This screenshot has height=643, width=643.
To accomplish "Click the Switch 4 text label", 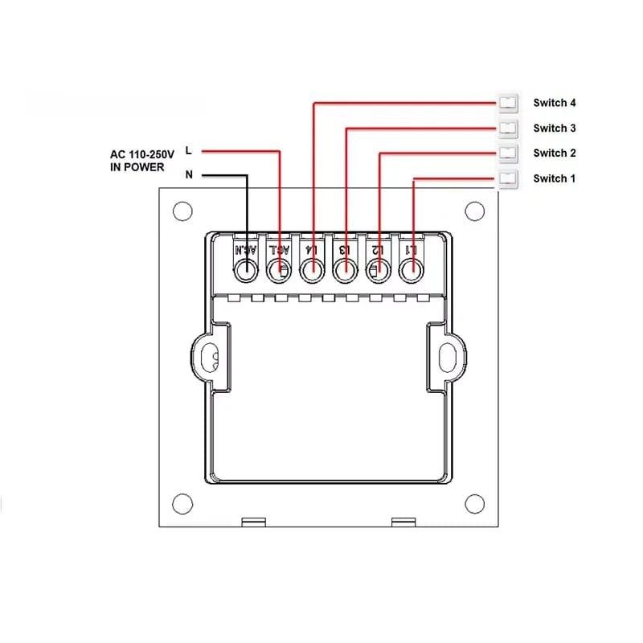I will pos(554,103).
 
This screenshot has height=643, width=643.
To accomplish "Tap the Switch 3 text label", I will pos(554,128).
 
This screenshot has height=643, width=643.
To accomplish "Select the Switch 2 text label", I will pos(554,153).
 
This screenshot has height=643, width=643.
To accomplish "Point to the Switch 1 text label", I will pos(554,178).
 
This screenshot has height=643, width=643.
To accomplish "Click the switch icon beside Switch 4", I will pos(508,103).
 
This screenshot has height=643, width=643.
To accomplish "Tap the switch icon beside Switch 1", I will pos(508,178).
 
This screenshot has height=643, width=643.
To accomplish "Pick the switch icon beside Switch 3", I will pos(508,128).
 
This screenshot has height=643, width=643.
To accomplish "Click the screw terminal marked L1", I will pos(411,272).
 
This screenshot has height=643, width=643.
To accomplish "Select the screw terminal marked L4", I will pos(311,272).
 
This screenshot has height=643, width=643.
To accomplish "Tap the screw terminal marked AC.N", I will pos(245,272).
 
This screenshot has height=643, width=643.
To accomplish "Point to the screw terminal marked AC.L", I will pos(278,272).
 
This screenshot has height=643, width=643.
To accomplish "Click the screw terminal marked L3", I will pos(345,272).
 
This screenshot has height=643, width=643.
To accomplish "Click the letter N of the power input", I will pos(189,174).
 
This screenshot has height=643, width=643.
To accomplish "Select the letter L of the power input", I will pos(189,150).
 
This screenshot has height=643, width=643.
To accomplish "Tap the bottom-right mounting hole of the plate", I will pos(474,504).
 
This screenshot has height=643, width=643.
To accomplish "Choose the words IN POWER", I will pos(137,167).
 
